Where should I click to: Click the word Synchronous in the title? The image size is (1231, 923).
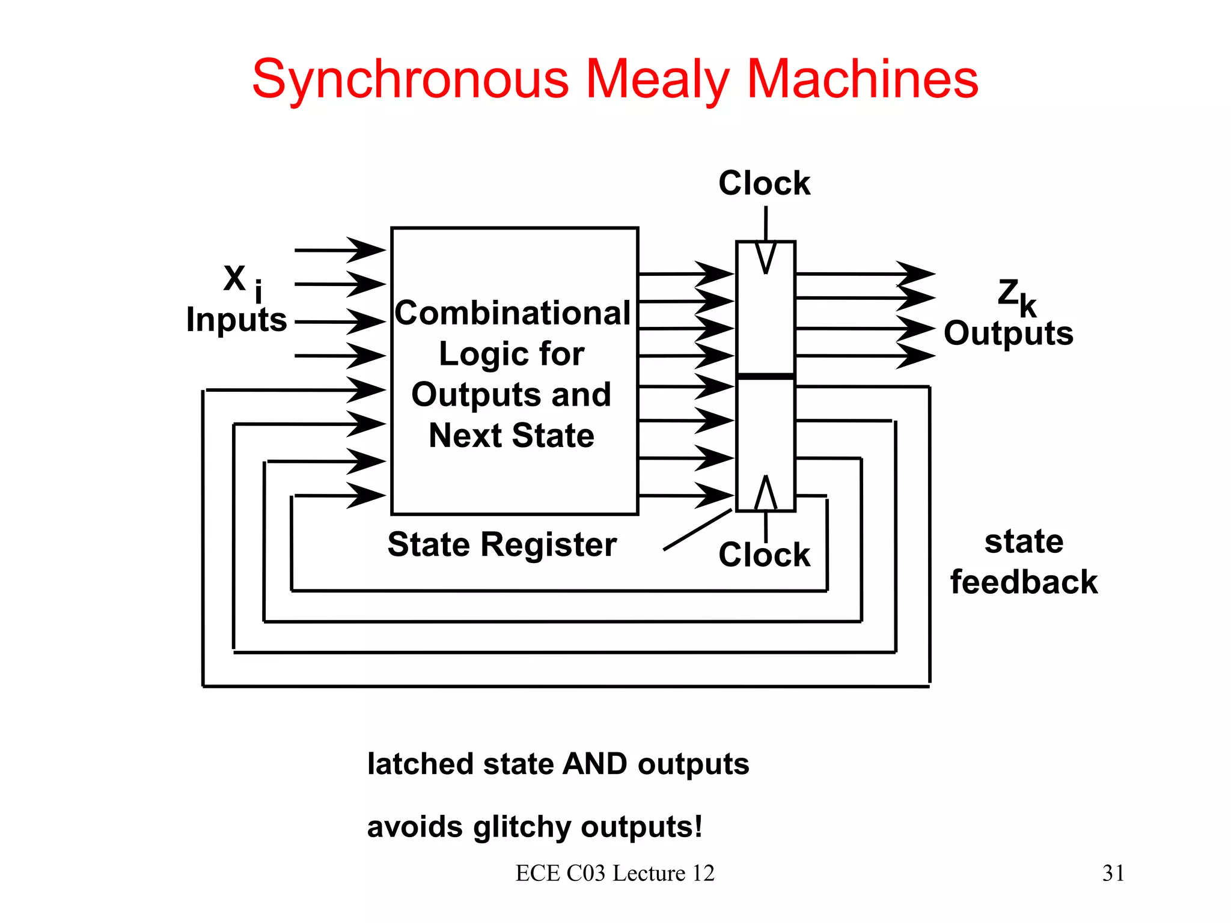[x=410, y=79]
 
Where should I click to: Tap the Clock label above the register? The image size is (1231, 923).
[x=764, y=183]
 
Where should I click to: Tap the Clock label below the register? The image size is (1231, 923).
[x=764, y=554]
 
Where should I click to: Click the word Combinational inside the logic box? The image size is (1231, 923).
[x=513, y=313]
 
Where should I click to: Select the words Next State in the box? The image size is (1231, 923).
[x=512, y=436]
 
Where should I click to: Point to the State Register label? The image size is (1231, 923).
[x=502, y=544]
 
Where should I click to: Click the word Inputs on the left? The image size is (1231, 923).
[x=236, y=320]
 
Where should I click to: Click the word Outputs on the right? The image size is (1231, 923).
[x=1008, y=334]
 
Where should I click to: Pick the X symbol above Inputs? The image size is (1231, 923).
[x=234, y=278]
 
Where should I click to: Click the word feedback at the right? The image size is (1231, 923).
[x=1024, y=582]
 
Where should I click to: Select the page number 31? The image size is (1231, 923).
[x=1113, y=873]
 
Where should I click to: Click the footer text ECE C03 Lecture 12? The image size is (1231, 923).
[x=615, y=873]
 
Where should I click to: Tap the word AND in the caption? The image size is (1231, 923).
[x=595, y=764]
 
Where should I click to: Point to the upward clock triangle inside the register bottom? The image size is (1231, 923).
[x=766, y=493]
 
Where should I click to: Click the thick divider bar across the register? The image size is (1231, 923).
[x=766, y=376]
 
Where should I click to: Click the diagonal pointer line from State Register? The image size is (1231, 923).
[x=697, y=530]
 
